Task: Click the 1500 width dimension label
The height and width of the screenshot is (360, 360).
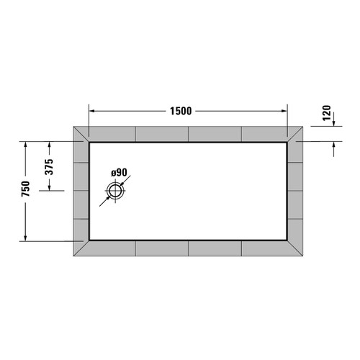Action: pyautogui.click(x=181, y=111)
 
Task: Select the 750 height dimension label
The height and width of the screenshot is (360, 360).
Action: pyautogui.click(x=26, y=190)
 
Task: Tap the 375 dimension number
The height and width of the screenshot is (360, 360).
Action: pyautogui.click(x=49, y=166)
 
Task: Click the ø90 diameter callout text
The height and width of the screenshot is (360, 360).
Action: pyautogui.click(x=119, y=173)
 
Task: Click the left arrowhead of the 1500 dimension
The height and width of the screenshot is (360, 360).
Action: pyautogui.click(x=91, y=111)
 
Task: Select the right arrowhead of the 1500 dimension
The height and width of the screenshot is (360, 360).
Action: pyautogui.click(x=284, y=111)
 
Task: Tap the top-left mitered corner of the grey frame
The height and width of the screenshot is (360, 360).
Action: pyautogui.click(x=81, y=135)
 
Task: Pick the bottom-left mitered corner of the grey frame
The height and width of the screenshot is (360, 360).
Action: pyautogui.click(x=81, y=248)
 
